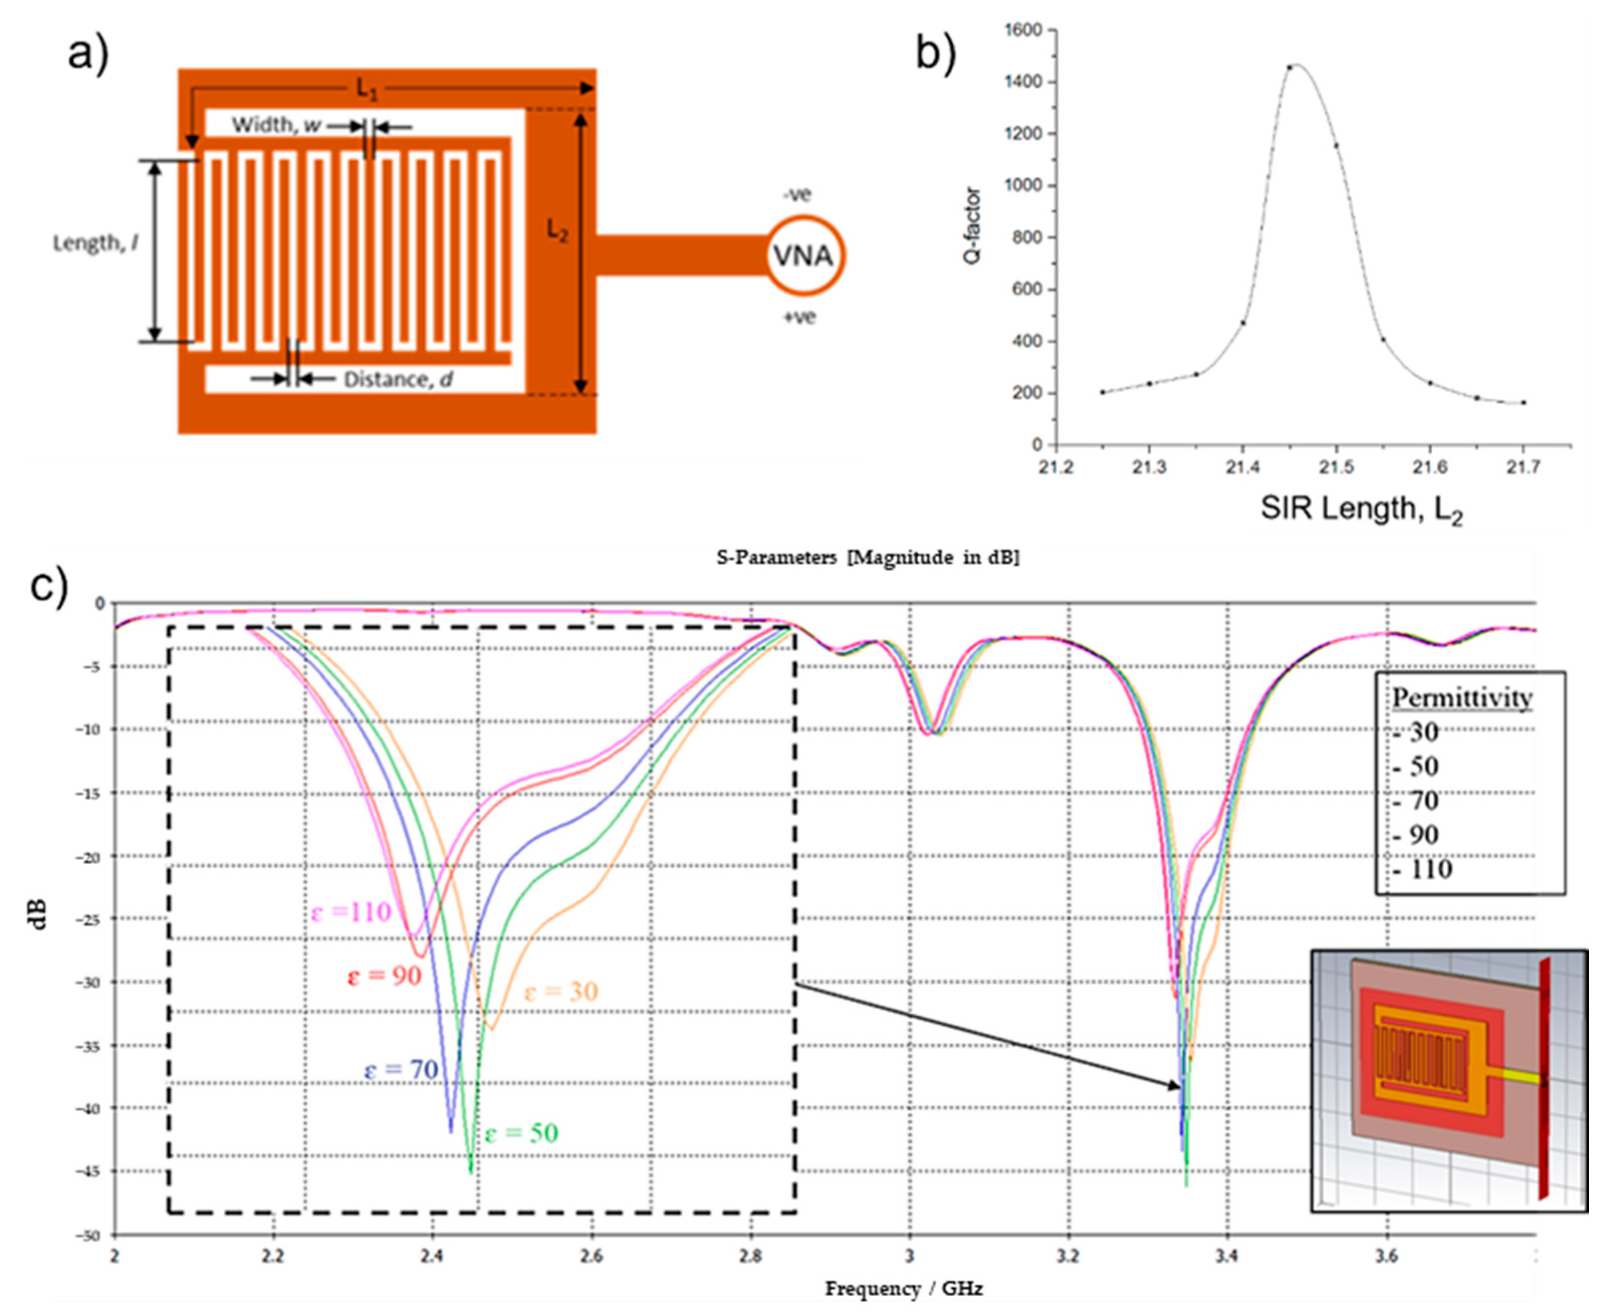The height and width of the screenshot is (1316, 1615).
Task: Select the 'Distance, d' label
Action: tap(399, 379)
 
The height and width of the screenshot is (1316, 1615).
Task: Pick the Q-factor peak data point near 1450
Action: tap(1289, 67)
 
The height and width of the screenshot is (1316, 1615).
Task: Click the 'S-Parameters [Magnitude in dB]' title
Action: tap(868, 557)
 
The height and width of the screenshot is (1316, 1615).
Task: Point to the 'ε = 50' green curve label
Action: tap(522, 1133)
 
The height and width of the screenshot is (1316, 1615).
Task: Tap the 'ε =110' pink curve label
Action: tap(351, 911)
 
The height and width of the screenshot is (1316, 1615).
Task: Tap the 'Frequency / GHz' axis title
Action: tap(903, 1288)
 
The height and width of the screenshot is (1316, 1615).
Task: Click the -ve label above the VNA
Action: tap(797, 194)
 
